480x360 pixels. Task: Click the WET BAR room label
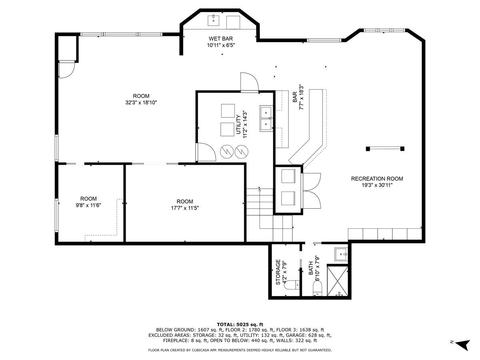click(221, 39)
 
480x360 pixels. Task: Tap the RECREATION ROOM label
click(377, 178)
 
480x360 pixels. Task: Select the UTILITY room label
click(238, 124)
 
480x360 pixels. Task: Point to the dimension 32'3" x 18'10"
click(141, 102)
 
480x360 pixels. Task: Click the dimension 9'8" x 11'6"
click(88, 205)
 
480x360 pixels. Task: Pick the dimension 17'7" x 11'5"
click(185, 208)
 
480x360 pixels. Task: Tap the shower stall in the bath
click(338, 280)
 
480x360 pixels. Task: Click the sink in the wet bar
click(213, 20)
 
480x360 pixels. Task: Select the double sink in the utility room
click(266, 119)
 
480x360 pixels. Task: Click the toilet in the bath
click(317, 288)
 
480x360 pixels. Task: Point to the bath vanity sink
click(341, 254)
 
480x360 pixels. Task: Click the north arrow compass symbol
click(463, 345)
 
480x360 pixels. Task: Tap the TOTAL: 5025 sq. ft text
click(240, 324)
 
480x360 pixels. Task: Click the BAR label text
click(295, 97)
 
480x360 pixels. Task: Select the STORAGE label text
click(278, 272)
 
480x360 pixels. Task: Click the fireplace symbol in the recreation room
click(385, 149)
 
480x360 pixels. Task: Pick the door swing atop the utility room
click(250, 82)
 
